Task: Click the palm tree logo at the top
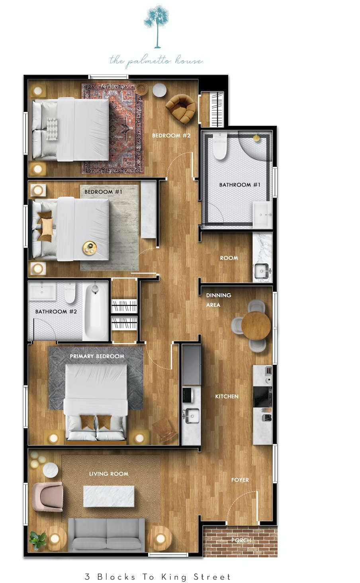[157, 26]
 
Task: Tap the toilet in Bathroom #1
[220, 146]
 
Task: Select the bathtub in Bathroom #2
[95, 311]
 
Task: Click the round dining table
[256, 325]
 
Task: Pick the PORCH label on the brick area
[241, 540]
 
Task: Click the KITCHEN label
[227, 396]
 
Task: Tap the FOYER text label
[240, 480]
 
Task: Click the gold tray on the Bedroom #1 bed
[90, 248]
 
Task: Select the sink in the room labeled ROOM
[262, 271]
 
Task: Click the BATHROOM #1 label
[240, 185]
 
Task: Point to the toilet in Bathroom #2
[70, 293]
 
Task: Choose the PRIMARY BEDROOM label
[97, 356]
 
